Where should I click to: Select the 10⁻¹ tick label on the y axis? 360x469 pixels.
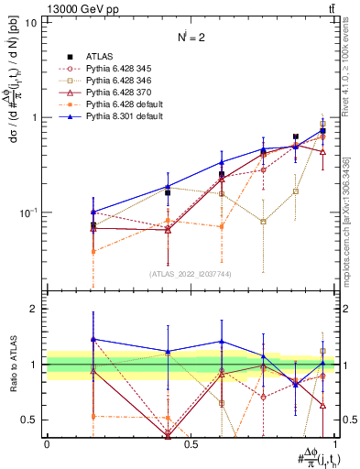click(x=27, y=213)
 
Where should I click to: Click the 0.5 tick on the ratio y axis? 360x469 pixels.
click(x=30, y=420)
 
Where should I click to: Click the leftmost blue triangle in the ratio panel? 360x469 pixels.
click(x=93, y=339)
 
